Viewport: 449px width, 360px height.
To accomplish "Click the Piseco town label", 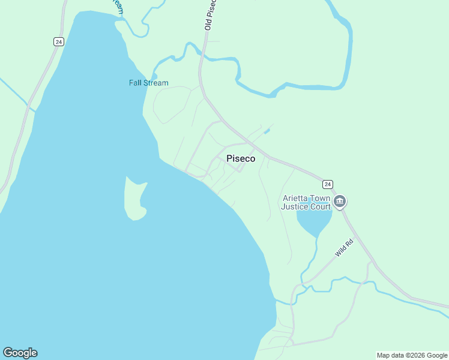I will (x=241, y=159).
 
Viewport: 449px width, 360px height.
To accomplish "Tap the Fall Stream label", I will (x=148, y=83).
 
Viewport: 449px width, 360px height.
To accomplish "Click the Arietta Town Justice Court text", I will (x=306, y=202).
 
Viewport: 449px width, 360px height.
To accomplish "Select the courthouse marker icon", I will (x=340, y=201).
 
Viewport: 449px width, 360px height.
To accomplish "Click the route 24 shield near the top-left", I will (x=58, y=41).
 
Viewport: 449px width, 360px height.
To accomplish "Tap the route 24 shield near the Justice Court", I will (x=327, y=184).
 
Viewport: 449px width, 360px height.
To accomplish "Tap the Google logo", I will (x=20, y=353).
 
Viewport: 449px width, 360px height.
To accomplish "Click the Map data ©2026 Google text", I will (x=412, y=355).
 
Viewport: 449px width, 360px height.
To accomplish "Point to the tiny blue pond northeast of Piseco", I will (x=267, y=131).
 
